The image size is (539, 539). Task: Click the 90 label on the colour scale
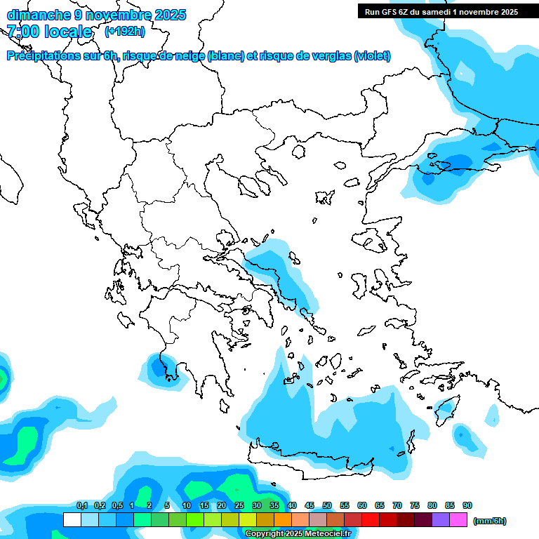[x=467, y=505]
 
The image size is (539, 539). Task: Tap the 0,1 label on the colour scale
[x=81, y=505]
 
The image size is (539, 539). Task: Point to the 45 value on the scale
[x=310, y=505]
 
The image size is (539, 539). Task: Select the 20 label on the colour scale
[x=222, y=505]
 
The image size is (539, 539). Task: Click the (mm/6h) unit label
[x=490, y=521]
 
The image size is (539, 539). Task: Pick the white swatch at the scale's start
[x=72, y=519]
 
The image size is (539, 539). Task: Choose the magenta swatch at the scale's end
[x=459, y=519]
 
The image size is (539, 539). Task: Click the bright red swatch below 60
[x=371, y=519]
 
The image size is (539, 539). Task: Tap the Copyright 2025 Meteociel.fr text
[x=298, y=534]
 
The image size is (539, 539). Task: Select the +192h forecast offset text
[x=125, y=31]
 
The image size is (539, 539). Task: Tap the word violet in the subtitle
[x=372, y=56]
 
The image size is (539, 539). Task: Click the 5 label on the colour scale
[x=167, y=505]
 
